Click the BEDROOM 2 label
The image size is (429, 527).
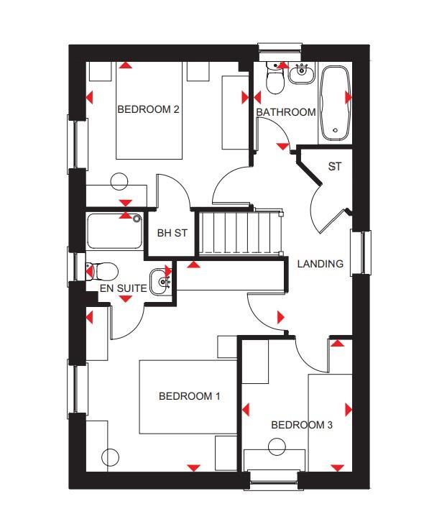pos(148,110)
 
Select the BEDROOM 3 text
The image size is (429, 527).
pos(301,425)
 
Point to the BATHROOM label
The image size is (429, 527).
pos(285,112)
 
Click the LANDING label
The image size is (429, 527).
pos(320,264)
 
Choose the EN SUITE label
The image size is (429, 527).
pos(124,288)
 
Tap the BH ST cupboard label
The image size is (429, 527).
pos(172,233)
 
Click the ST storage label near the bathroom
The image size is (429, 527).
pos(334,167)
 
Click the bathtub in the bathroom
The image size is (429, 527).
pos(334,104)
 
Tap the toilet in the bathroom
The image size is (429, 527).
pos(275,78)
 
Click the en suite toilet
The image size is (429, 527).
pos(102,271)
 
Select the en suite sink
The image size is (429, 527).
pos(161,279)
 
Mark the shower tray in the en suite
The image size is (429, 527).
pos(115,230)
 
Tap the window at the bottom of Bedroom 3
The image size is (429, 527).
pos(273,477)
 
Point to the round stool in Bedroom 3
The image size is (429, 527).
pos(277,447)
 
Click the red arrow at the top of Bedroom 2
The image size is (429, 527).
pos(125,65)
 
